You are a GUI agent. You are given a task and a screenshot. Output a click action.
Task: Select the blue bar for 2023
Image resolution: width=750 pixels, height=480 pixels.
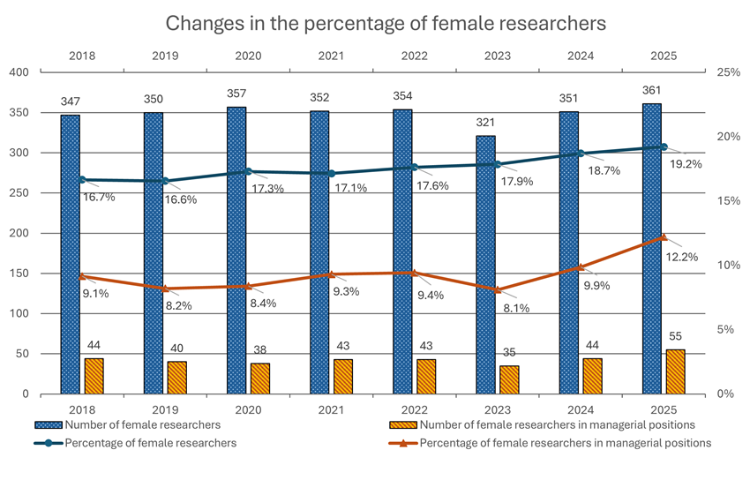[484, 265]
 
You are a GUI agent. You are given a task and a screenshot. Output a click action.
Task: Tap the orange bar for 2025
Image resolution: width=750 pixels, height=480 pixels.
[675, 371]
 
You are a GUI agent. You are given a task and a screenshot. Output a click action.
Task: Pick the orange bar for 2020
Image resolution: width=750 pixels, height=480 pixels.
[259, 379]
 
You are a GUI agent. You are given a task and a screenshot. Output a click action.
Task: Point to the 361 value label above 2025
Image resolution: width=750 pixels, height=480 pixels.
[651, 89]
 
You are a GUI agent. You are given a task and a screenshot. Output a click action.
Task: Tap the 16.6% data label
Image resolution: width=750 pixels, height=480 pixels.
[180, 199]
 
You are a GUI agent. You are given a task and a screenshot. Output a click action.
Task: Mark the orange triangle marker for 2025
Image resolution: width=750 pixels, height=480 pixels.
[664, 236]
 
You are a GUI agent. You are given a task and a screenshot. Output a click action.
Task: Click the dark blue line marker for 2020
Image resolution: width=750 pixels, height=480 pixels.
[249, 171]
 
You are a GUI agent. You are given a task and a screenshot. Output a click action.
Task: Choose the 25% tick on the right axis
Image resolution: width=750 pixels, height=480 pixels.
[728, 72]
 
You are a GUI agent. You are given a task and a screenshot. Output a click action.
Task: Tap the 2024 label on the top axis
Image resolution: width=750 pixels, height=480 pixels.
[580, 56]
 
